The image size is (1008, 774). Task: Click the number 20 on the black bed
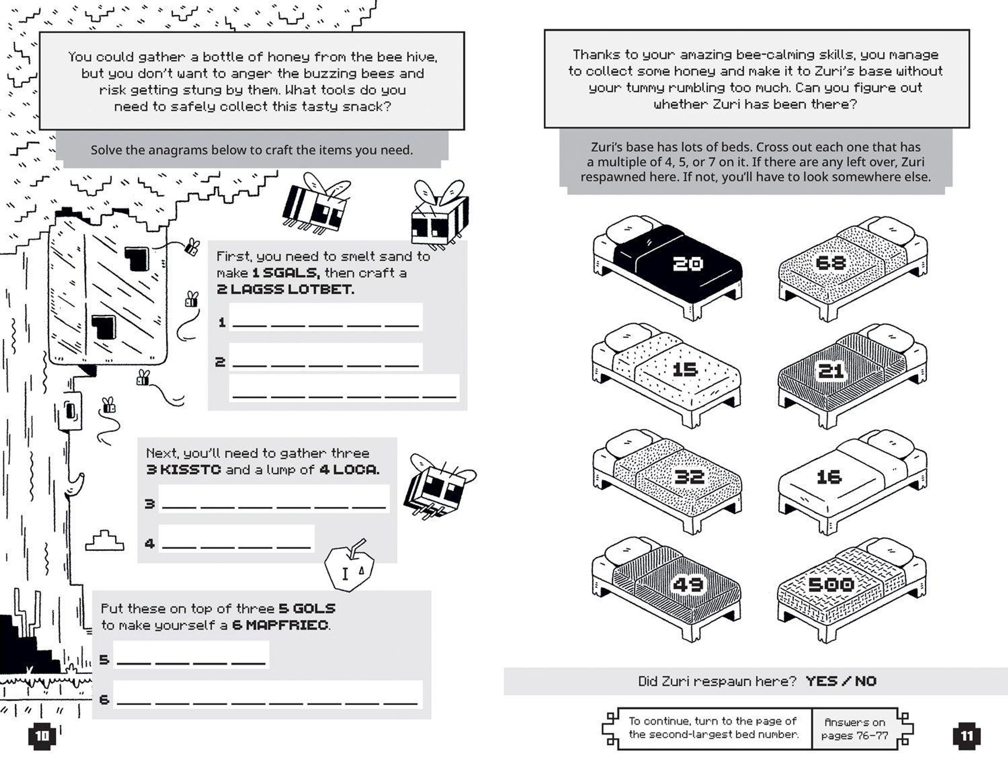click(x=688, y=263)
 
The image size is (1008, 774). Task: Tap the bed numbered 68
click(x=831, y=263)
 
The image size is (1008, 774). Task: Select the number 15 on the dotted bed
click(x=685, y=369)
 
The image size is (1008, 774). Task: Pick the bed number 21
click(x=831, y=371)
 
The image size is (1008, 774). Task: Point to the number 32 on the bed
click(x=689, y=477)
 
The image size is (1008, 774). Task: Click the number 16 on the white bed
click(x=829, y=477)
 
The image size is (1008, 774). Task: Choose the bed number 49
click(x=688, y=584)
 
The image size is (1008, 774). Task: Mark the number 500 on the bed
click(x=831, y=584)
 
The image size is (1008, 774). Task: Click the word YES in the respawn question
click(x=822, y=681)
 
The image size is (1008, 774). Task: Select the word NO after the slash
click(x=866, y=681)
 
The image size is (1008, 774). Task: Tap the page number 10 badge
click(x=42, y=735)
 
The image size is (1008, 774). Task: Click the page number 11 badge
click(x=966, y=736)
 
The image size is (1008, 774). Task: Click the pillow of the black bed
click(x=628, y=229)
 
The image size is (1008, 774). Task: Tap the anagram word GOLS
click(x=314, y=608)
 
